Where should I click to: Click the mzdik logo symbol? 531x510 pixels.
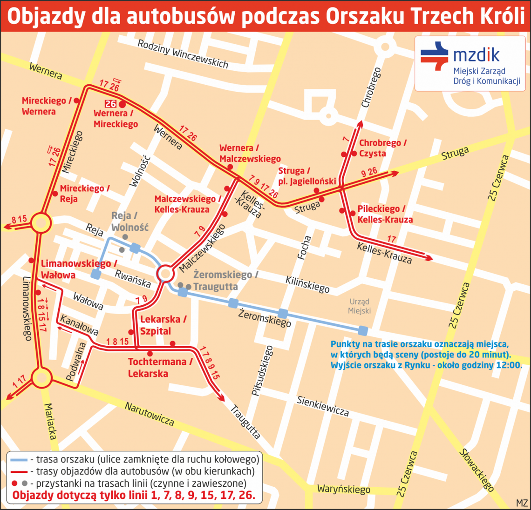(x=434, y=56)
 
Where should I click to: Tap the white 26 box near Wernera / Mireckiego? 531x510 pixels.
(x=110, y=104)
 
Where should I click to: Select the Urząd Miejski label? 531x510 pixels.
(x=359, y=306)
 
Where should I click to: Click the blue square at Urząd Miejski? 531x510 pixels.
(x=363, y=330)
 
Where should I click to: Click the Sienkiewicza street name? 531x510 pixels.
(x=323, y=406)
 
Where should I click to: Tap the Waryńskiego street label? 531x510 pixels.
(x=344, y=489)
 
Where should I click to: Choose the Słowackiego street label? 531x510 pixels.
(x=476, y=470)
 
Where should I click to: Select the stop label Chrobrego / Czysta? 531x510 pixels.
(x=382, y=148)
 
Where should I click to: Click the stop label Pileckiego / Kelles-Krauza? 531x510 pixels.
(x=385, y=214)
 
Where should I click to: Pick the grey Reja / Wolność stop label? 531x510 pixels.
(x=130, y=221)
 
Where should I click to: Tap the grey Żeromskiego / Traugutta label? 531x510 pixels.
(x=225, y=280)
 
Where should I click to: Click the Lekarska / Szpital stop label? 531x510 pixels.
(x=163, y=325)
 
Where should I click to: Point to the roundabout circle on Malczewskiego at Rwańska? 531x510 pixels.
(x=165, y=274)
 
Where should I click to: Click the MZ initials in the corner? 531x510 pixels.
(x=522, y=503)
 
